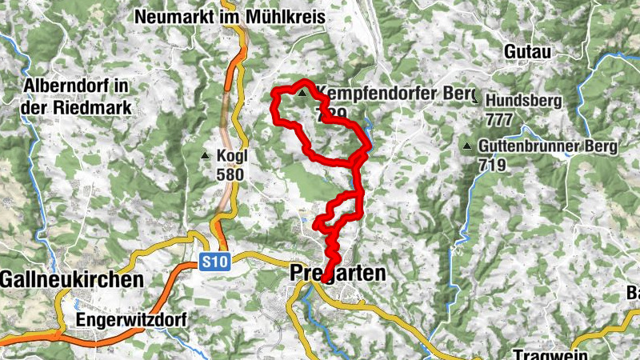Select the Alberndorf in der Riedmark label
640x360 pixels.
click(x=77, y=94)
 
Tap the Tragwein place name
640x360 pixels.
click(x=551, y=355)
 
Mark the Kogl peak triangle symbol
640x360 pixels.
click(x=206, y=155)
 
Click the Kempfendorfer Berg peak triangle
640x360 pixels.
click(x=302, y=94)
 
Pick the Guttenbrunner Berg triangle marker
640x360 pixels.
click(x=467, y=146)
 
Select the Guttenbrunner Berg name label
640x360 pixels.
click(x=548, y=146)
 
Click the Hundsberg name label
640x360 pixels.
click(x=524, y=102)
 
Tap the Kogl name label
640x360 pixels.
click(x=230, y=155)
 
